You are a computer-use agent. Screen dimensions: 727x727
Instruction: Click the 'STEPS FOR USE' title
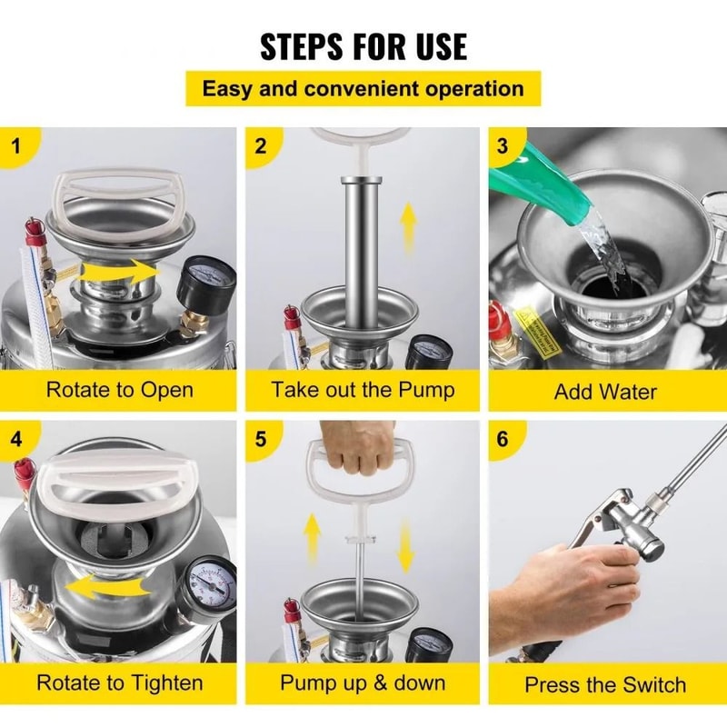tap(363, 45)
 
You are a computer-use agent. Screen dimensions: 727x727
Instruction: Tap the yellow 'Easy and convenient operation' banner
tap(363, 89)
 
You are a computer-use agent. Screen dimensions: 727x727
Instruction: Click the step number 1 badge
tap(15, 145)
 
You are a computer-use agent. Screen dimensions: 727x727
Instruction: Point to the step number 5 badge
tap(262, 439)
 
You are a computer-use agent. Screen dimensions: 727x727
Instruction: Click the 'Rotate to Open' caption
tap(119, 391)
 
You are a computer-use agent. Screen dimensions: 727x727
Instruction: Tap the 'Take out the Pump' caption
tap(363, 391)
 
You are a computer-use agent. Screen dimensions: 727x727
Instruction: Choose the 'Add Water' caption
tap(605, 393)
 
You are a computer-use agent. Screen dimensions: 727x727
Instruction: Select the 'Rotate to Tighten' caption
tap(119, 682)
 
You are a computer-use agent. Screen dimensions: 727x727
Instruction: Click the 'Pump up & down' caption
tap(363, 682)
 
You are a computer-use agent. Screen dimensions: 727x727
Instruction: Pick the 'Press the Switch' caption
tap(605, 684)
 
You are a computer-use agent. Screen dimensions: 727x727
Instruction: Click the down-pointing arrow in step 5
tap(406, 545)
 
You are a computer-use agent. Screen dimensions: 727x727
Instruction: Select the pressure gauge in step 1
tap(205, 284)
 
